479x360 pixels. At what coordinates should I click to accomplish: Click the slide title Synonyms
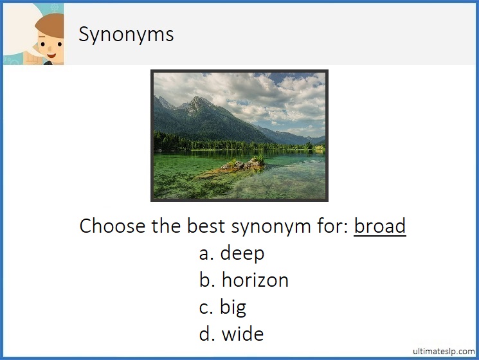[126, 34]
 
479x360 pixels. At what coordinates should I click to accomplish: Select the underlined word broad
[379, 226]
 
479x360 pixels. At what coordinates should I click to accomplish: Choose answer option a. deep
[231, 253]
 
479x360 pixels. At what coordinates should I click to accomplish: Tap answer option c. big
[222, 307]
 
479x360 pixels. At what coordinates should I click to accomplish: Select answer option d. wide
[231, 334]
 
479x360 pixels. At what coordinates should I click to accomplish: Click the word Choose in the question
[110, 226]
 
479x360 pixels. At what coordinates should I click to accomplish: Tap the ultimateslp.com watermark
[444, 351]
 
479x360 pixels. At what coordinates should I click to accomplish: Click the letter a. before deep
[206, 253]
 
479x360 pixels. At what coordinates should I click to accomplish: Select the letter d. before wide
[207, 334]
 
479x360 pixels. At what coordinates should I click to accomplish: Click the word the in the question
[168, 226]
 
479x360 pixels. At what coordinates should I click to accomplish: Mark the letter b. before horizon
[207, 280]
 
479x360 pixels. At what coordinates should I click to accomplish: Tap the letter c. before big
[206, 307]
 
